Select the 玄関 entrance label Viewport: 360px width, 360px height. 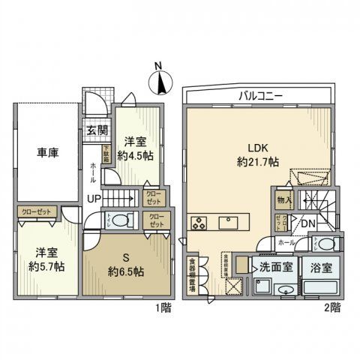pyautogui.click(x=96, y=131)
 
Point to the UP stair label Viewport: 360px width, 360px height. pyautogui.click(x=94, y=198)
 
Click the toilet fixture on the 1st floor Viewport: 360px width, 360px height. pyautogui.click(x=124, y=220)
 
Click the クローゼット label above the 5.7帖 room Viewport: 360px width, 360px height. pyautogui.click(x=36, y=212)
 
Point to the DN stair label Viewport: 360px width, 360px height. pyautogui.click(x=307, y=223)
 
